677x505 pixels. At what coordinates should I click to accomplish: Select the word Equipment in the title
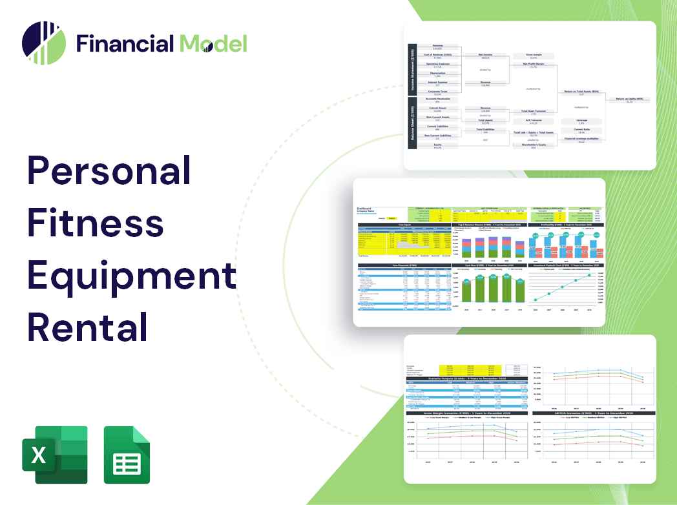point(131,274)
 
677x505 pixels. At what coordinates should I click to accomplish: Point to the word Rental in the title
point(88,325)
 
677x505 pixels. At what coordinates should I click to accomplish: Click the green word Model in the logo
point(213,43)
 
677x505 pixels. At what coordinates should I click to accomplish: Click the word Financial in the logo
point(125,43)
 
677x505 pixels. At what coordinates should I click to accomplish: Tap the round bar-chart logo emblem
point(44,43)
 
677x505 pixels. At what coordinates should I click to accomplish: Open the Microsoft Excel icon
point(54,455)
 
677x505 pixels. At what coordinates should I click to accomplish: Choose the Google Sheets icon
point(127,455)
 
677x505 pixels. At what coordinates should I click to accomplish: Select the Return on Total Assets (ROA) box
point(581,92)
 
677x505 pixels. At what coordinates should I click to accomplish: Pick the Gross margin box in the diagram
point(533,56)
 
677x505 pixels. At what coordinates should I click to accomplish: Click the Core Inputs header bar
point(404,225)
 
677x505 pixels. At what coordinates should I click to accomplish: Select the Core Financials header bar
point(404,265)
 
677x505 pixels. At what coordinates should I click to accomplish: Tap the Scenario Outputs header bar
point(465,378)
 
